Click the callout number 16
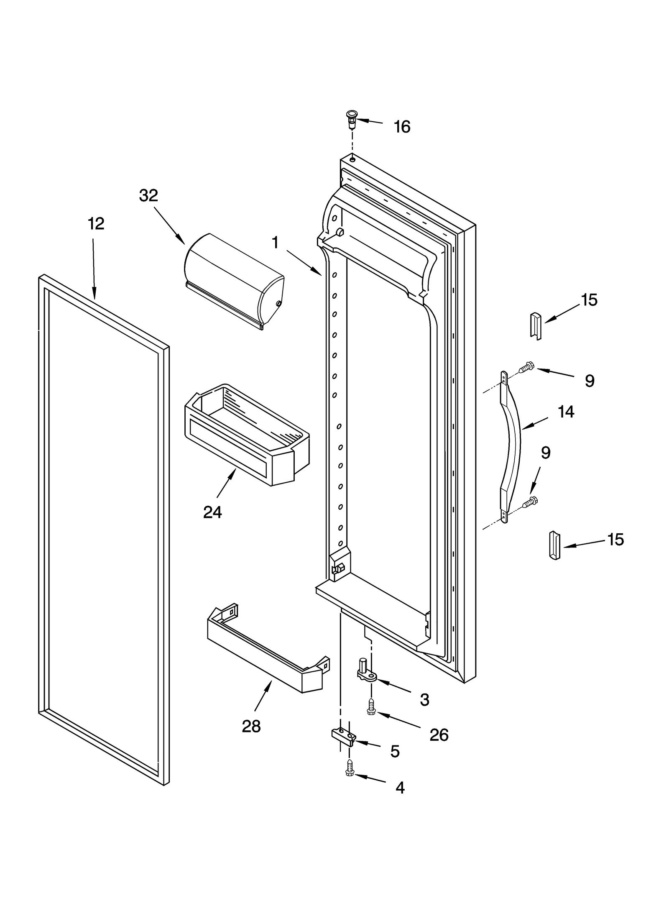(402, 127)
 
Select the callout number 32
(148, 195)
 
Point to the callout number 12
(96, 224)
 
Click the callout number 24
(212, 512)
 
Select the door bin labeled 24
(247, 435)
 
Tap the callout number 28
(251, 727)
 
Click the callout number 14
(566, 412)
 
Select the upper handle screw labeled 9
(526, 368)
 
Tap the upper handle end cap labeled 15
(536, 325)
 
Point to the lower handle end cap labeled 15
(554, 545)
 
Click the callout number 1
(275, 243)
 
